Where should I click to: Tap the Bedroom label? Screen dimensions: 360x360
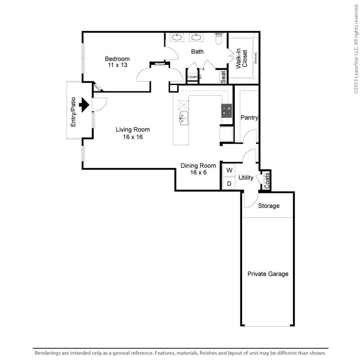(117, 59)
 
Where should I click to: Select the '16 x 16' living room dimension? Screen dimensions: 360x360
(133, 137)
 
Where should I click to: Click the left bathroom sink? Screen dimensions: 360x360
(176, 37)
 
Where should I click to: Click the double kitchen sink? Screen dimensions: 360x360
(184, 118)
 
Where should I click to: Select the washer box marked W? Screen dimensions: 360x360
(229, 170)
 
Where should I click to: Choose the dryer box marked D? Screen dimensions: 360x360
(229, 184)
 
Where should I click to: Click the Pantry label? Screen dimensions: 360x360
(249, 118)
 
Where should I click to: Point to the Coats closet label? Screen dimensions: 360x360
(267, 180)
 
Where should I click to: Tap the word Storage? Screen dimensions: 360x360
(269, 206)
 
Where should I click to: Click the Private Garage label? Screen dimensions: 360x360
(268, 274)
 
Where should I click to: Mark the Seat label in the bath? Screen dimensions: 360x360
(223, 77)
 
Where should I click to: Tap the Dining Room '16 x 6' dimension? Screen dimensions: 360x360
(198, 172)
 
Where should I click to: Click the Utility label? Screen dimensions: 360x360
(246, 178)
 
